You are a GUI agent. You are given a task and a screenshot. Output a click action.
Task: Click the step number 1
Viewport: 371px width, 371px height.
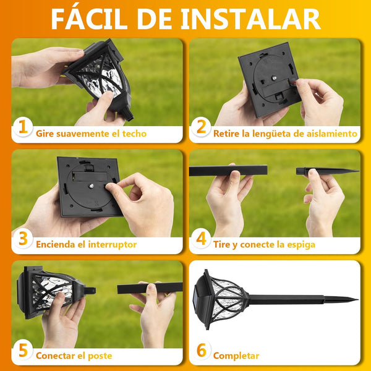pyautogui.click(x=23, y=127)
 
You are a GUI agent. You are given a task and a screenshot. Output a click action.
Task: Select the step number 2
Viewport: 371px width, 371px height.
pyautogui.click(x=202, y=127)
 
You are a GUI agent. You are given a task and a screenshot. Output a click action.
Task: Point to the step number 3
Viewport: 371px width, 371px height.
pyautogui.click(x=23, y=238)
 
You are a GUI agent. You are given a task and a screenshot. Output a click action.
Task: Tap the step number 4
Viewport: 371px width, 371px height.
pyautogui.click(x=202, y=238)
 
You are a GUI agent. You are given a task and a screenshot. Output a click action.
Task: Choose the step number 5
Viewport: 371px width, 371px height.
pyautogui.click(x=23, y=350)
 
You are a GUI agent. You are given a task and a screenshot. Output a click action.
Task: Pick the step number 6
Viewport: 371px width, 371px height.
pyautogui.click(x=202, y=350)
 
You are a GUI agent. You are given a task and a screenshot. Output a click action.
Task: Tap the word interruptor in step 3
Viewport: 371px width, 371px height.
pyautogui.click(x=113, y=245)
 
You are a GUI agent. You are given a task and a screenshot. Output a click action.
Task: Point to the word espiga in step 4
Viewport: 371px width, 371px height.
pyautogui.click(x=301, y=245)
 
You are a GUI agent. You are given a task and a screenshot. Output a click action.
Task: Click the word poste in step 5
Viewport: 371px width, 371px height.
pyautogui.click(x=100, y=356)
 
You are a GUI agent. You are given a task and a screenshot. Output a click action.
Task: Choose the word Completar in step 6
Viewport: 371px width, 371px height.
pyautogui.click(x=236, y=356)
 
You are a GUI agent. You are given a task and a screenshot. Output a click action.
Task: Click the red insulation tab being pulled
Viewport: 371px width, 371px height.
pyautogui.click(x=293, y=82)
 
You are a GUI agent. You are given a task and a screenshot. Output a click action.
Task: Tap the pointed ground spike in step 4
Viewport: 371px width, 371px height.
pyautogui.click(x=328, y=171)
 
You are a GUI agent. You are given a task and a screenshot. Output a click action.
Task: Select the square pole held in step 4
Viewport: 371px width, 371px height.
pyautogui.click(x=228, y=171)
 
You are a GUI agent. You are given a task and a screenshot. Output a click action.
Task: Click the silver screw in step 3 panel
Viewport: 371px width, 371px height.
pyautogui.click(x=91, y=185)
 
